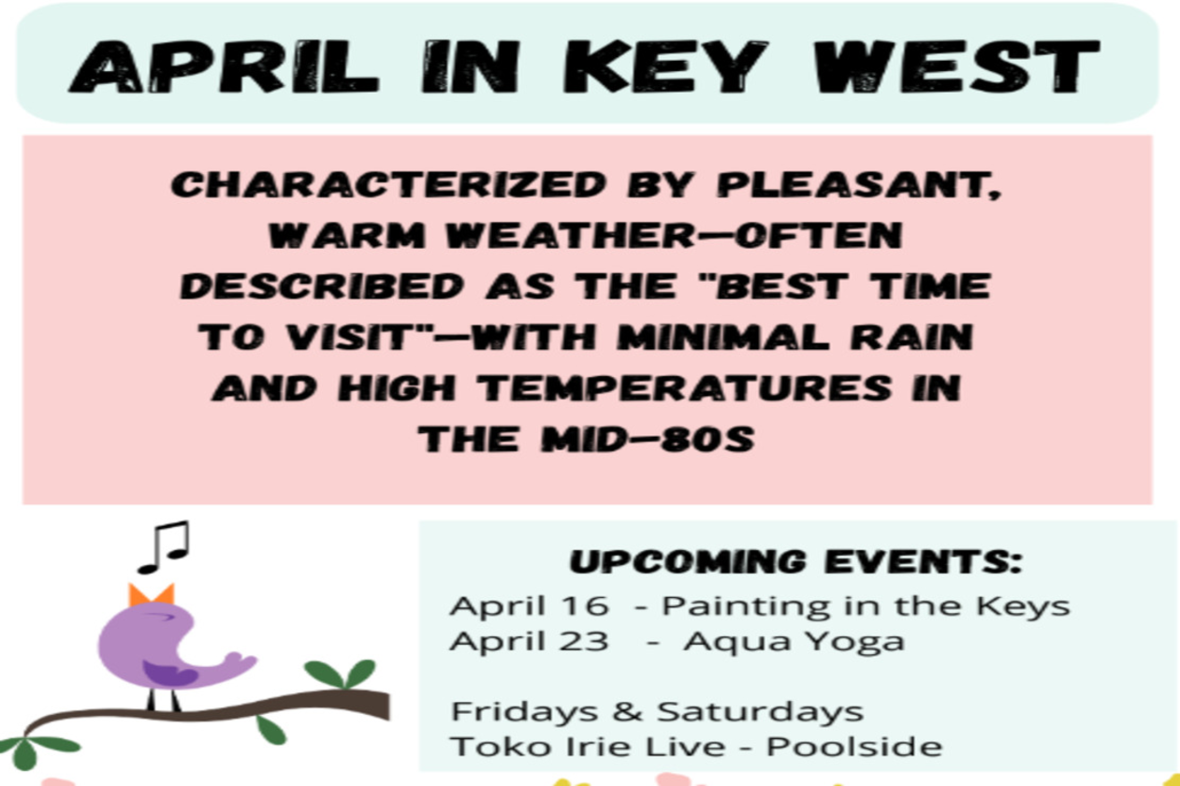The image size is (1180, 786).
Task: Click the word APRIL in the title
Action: pyautogui.click(x=224, y=67)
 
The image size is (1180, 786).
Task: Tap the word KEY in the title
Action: pyautogui.click(x=665, y=67)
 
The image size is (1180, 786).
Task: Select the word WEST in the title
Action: pyautogui.click(x=956, y=67)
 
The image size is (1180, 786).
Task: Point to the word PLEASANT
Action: pyautogui.click(x=859, y=185)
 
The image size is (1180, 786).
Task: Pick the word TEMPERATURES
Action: pyautogui.click(x=685, y=387)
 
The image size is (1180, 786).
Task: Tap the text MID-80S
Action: pyautogui.click(x=648, y=439)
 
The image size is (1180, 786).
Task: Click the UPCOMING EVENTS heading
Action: pyautogui.click(x=796, y=561)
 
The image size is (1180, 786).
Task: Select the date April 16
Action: pyautogui.click(x=530, y=605)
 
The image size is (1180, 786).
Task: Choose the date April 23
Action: pyautogui.click(x=530, y=642)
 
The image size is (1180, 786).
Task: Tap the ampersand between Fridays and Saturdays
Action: pyautogui.click(x=627, y=711)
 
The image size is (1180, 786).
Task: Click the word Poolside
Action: pyautogui.click(x=854, y=747)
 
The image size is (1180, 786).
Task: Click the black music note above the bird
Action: pyautogui.click(x=165, y=548)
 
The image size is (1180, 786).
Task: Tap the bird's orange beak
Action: pyautogui.click(x=152, y=595)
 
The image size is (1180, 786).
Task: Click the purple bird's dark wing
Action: pyautogui.click(x=168, y=674)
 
